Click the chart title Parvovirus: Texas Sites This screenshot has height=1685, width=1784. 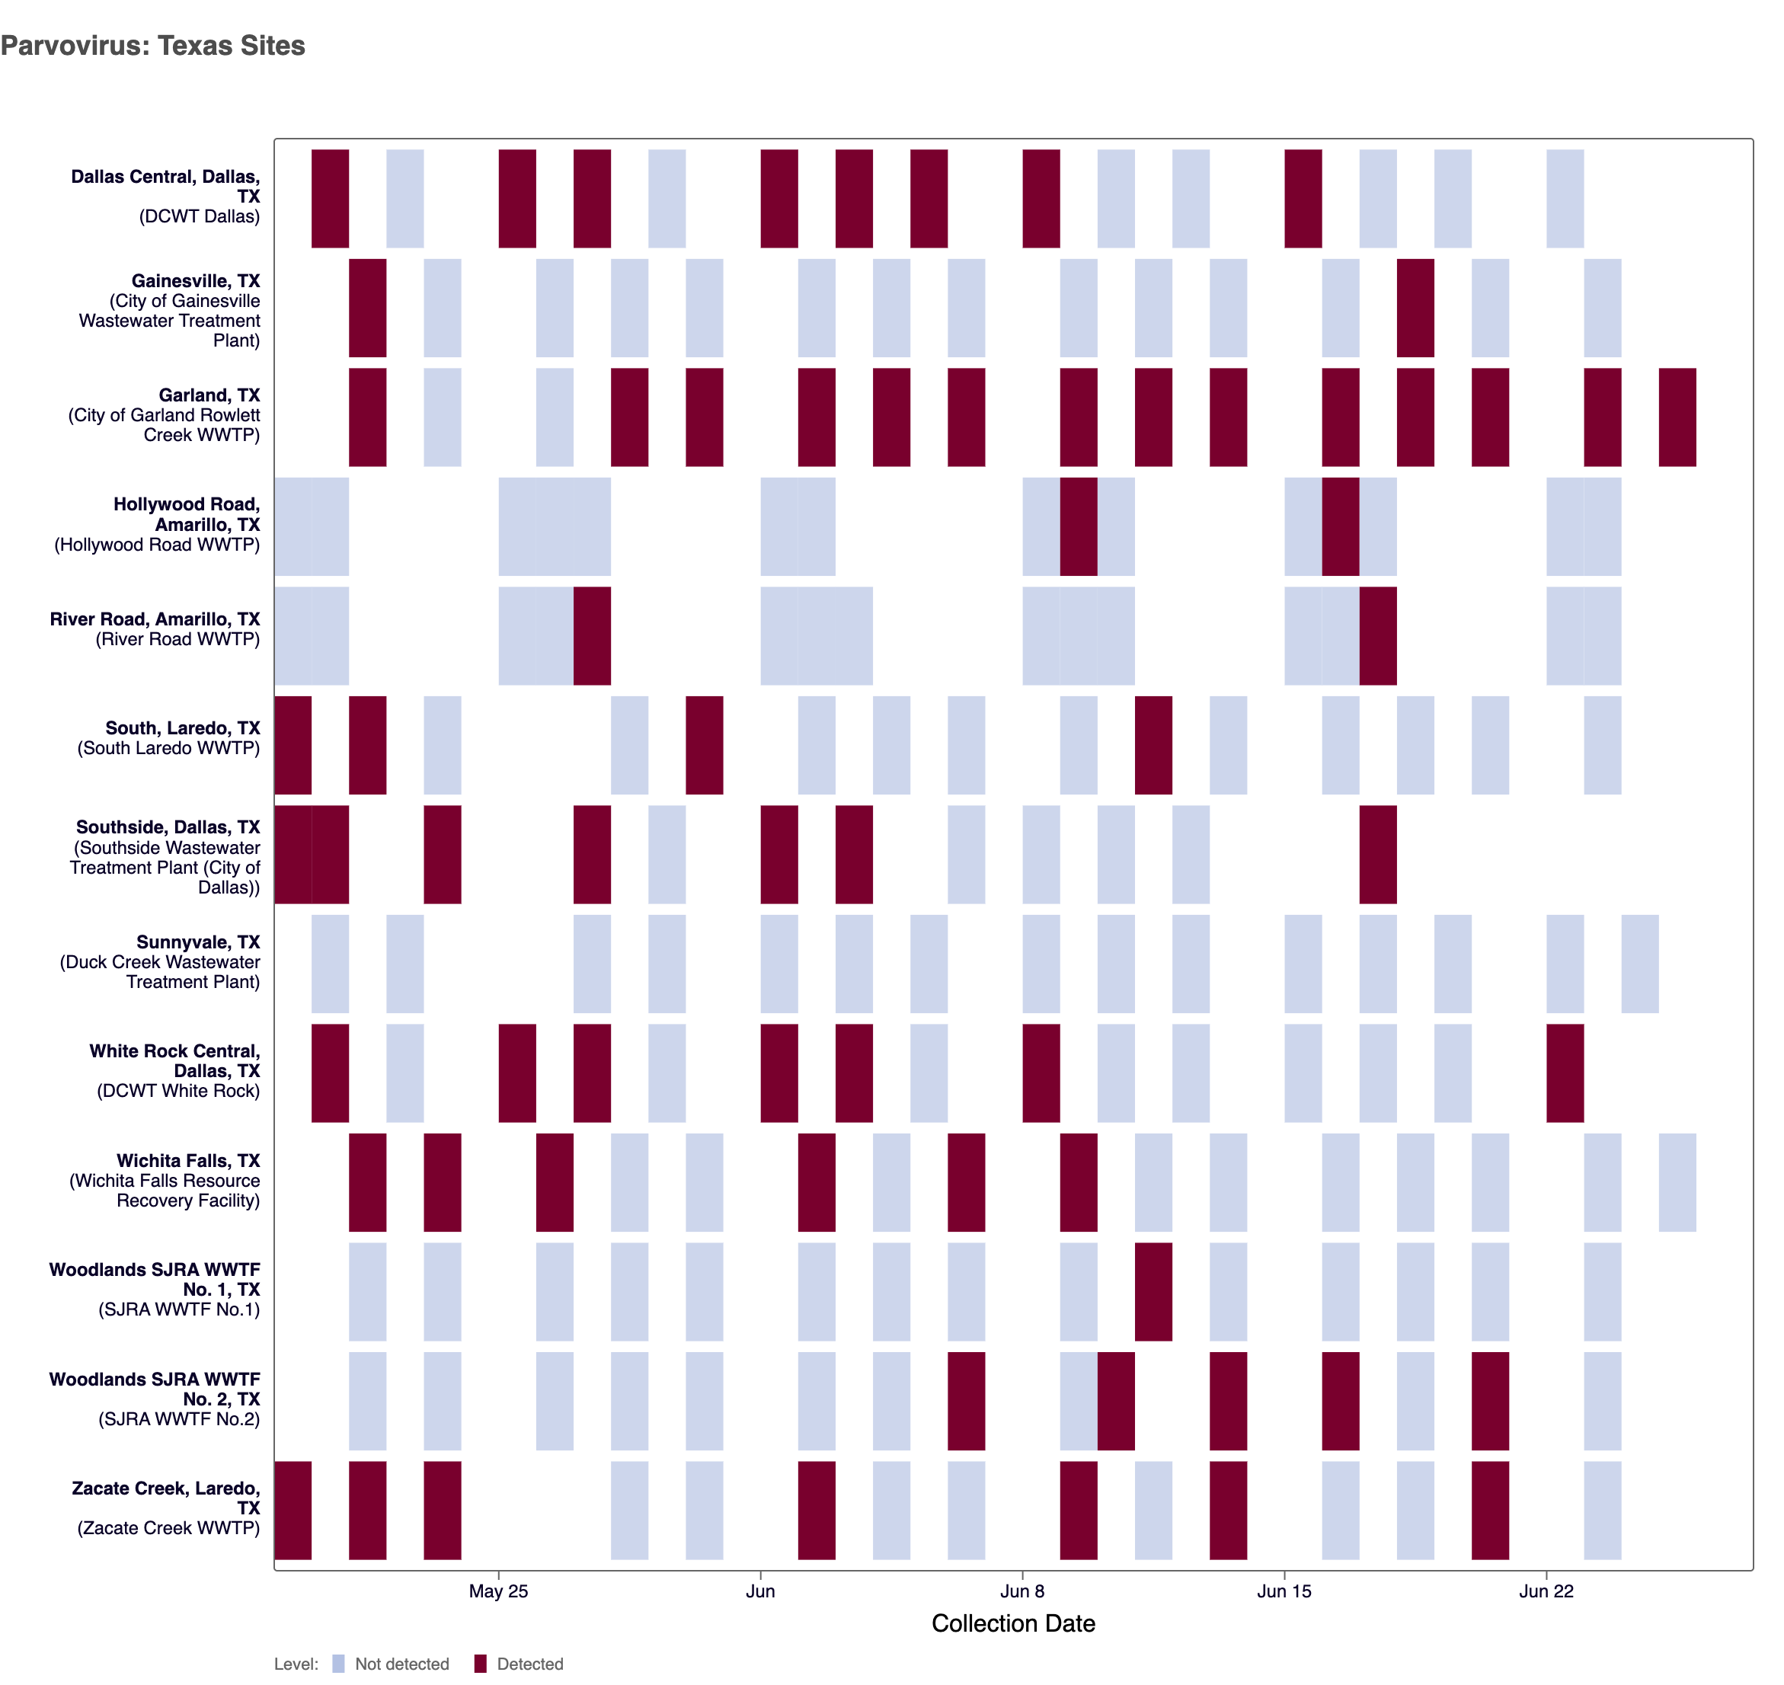pyautogui.click(x=152, y=46)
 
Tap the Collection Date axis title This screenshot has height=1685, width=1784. pyautogui.click(x=1012, y=1623)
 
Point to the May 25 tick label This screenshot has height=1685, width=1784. pyautogui.click(x=497, y=1591)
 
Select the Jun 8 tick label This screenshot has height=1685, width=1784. pyautogui.click(x=1021, y=1591)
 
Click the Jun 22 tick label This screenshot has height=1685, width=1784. pyautogui.click(x=1545, y=1591)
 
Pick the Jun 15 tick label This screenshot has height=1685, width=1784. pyautogui.click(x=1284, y=1591)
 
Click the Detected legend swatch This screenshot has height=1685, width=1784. pyautogui.click(x=481, y=1664)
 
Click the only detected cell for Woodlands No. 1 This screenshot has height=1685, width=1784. pyautogui.click(x=1153, y=1292)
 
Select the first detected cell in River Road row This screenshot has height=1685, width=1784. pyautogui.click(x=592, y=636)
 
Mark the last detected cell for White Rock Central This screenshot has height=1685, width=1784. pyautogui.click(x=1564, y=1073)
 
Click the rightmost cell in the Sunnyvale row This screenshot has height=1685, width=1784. pyautogui.click(x=1639, y=964)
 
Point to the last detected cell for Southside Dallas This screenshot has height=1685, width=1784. pyautogui.click(x=1377, y=854)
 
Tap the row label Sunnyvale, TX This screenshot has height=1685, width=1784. pyautogui.click(x=197, y=942)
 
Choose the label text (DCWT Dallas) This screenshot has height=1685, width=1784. pyautogui.click(x=199, y=216)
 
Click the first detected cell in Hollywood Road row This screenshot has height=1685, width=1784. pyautogui.click(x=1078, y=526)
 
